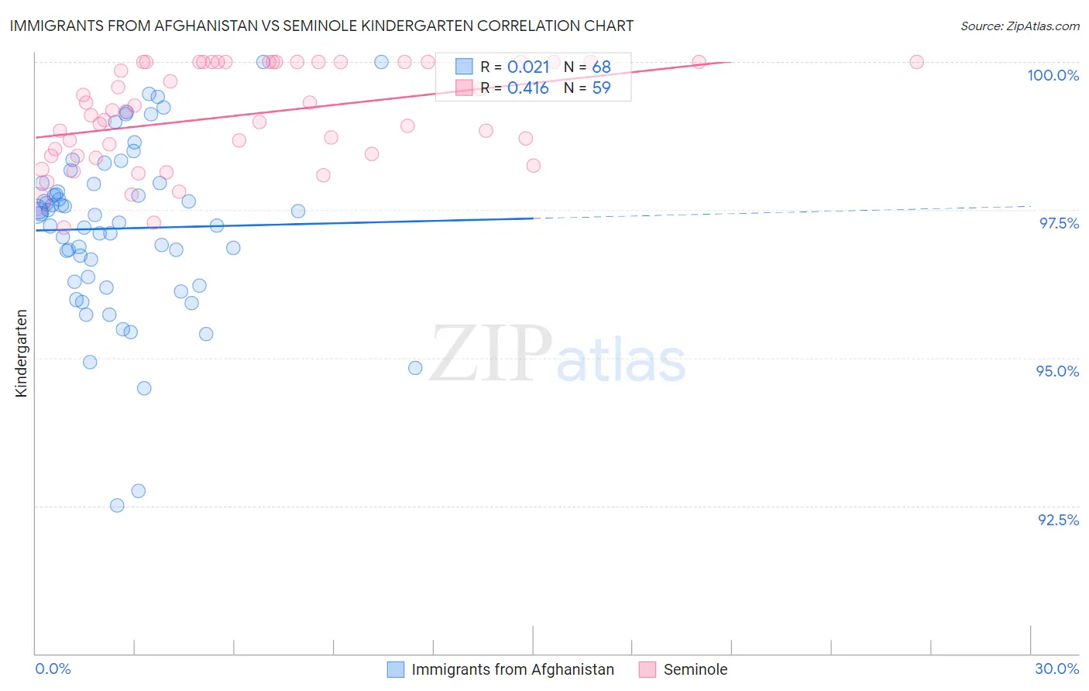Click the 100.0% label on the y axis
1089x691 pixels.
pyautogui.click(x=1053, y=75)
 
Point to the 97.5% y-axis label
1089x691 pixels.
pyautogui.click(x=1059, y=223)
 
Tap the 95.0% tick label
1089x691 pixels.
pyautogui.click(x=1057, y=371)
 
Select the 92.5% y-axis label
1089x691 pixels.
pyautogui.click(x=1058, y=520)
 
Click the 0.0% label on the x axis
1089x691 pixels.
pyautogui.click(x=53, y=669)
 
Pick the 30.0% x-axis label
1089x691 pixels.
pyautogui.click(x=1056, y=669)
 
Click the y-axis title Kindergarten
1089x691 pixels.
pyautogui.click(x=22, y=353)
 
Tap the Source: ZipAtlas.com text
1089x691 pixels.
pyautogui.click(x=1019, y=26)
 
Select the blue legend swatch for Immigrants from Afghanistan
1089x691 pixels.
pyautogui.click(x=396, y=669)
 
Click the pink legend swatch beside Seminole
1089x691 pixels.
pyautogui.click(x=648, y=669)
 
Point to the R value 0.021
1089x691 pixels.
pyautogui.click(x=528, y=67)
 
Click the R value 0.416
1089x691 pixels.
pyautogui.click(x=528, y=88)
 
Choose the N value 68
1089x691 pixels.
pyautogui.click(x=602, y=67)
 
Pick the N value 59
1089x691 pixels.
pyautogui.click(x=602, y=88)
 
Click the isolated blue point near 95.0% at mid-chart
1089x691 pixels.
pyautogui.click(x=415, y=368)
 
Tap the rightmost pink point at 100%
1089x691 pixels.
pyautogui.click(x=916, y=62)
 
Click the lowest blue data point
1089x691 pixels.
pyautogui.click(x=117, y=505)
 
